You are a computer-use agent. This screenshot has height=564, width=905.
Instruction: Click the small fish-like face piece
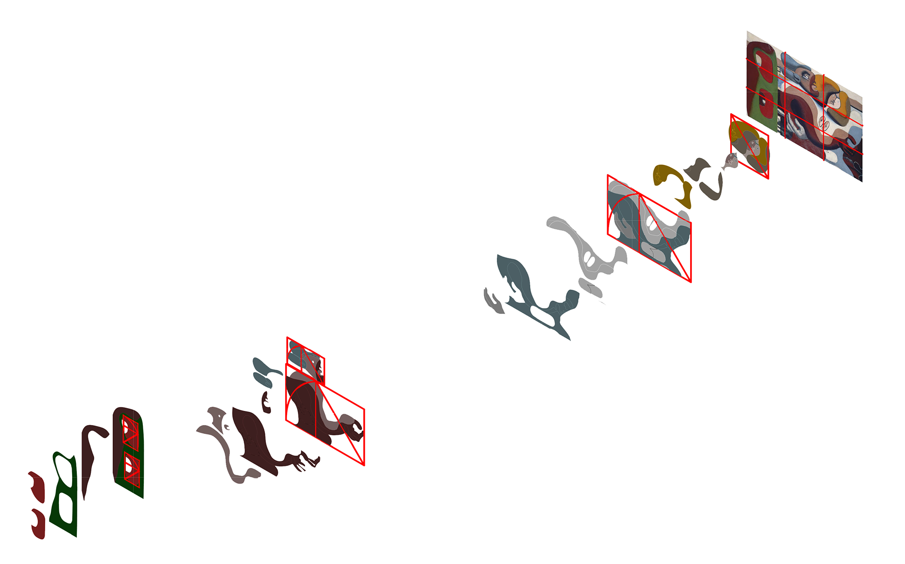click(x=730, y=161)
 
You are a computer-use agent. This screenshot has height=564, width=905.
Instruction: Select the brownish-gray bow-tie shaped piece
click(x=698, y=169)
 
